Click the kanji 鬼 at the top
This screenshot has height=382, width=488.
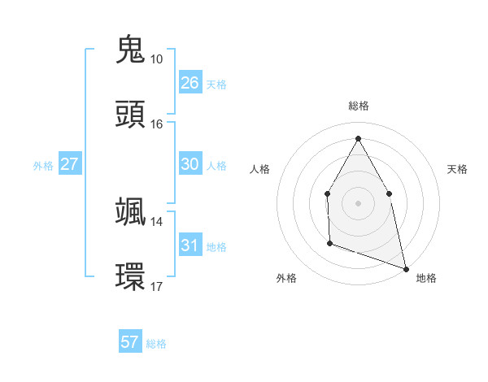coord(131,50)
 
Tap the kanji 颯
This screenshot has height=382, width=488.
coord(131,212)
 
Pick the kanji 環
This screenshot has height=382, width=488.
coord(131,275)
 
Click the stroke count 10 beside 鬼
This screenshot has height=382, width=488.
coord(156,59)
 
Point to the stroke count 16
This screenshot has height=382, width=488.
coord(156,124)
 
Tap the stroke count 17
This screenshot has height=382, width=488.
coord(156,286)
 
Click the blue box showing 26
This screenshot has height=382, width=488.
coord(190,83)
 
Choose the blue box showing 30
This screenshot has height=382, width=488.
coord(190,164)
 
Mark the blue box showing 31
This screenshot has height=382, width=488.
coord(190,245)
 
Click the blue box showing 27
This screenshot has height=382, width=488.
coord(69,164)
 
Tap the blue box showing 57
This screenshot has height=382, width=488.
coord(129,342)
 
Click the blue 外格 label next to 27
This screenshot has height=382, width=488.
coord(43,166)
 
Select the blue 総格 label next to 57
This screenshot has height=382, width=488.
coord(156,344)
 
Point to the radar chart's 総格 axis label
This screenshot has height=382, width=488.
coord(358,106)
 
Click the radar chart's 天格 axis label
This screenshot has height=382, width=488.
coord(457,169)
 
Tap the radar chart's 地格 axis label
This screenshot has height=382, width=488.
coord(426,278)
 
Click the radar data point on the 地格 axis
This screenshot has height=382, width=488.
coord(405,267)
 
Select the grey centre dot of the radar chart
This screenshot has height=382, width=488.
coord(358,202)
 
